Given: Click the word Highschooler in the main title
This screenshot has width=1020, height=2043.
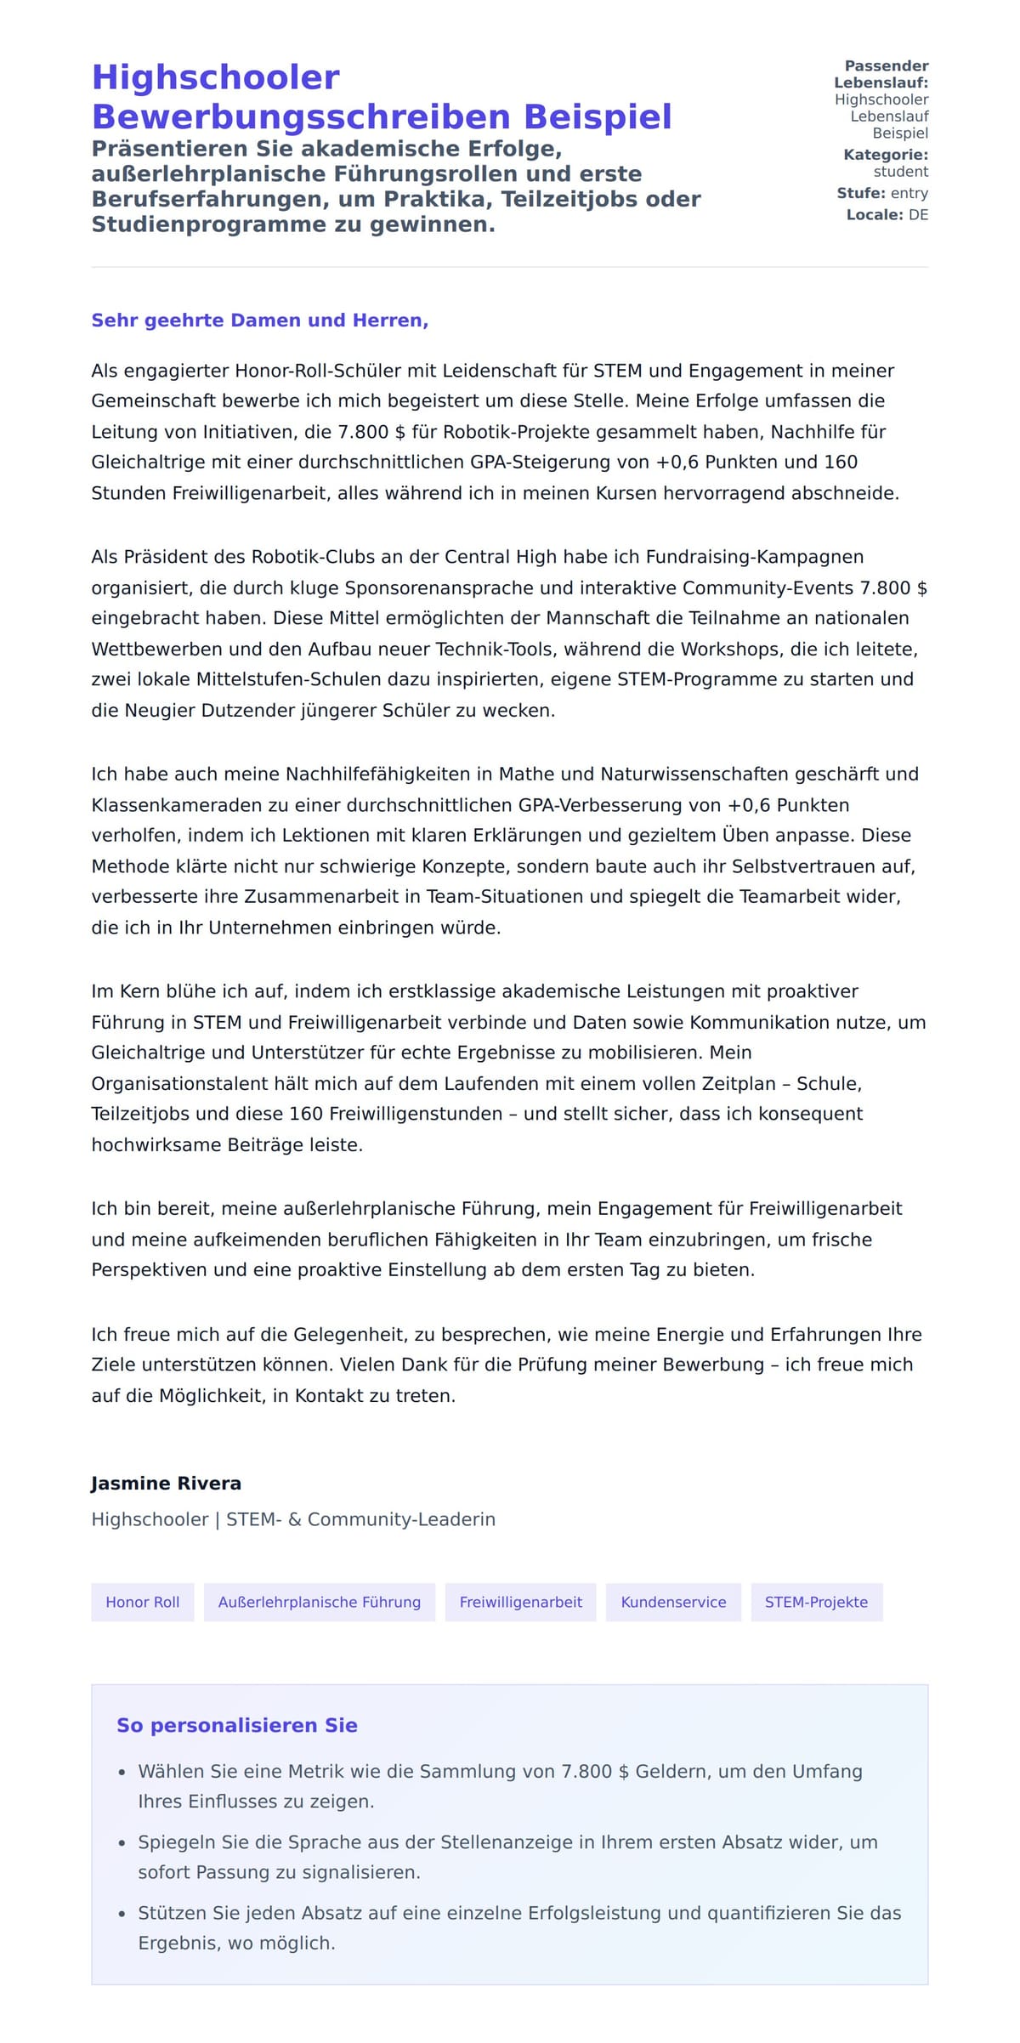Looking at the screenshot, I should pos(215,77).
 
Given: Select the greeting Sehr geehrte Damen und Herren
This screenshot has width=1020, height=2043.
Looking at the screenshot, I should pos(259,321).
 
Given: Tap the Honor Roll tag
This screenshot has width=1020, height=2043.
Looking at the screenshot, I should pos(143,1602).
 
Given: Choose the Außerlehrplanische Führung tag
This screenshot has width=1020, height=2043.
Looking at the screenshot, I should pos(320,1602).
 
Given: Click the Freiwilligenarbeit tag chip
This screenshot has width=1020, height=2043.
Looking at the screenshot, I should pos(521,1602).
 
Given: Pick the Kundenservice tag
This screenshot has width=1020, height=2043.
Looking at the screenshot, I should pos(673,1602).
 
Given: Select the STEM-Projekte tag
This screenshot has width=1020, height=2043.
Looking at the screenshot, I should pos(816,1602).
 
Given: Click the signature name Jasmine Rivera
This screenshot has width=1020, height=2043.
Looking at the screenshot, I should pos(167,1484).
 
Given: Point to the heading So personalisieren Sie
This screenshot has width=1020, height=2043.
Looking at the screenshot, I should pos(237,1725).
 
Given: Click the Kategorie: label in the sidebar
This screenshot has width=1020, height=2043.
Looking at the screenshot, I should pos(886,155).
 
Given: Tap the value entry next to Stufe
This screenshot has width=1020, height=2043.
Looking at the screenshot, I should pos(909,193).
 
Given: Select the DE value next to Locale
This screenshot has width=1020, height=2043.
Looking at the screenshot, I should pos(918,215).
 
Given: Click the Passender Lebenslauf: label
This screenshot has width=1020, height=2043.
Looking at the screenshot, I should pos(881,74).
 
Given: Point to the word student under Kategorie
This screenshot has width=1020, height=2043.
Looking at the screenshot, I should pos(901,172).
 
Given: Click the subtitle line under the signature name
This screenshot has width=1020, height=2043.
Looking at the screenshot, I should pos(293,1519).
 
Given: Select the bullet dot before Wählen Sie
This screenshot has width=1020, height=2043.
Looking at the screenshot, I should pos(122,1773).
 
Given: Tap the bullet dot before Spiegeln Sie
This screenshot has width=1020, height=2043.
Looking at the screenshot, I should pos(122,1843).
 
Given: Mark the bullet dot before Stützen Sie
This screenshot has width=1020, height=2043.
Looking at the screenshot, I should pos(122,1915).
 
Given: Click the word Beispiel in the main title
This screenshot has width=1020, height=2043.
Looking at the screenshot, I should pos(598,117).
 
